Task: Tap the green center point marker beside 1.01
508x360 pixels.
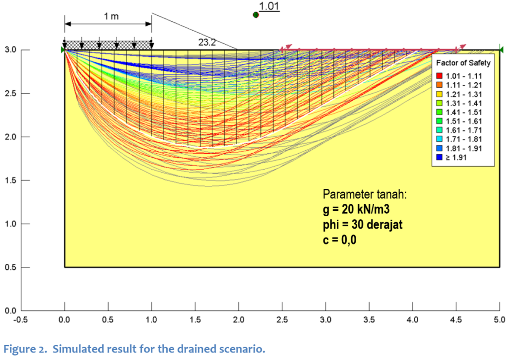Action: coord(255,15)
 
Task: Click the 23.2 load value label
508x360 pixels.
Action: coord(207,43)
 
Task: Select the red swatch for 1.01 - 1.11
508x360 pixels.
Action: coord(439,75)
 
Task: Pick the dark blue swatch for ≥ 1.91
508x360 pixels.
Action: coord(439,157)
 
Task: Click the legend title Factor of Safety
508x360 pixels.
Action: coord(463,63)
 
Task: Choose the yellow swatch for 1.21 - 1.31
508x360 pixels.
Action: coord(439,94)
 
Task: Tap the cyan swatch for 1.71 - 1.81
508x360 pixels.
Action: coord(439,139)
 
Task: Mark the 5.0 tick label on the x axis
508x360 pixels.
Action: coord(499,320)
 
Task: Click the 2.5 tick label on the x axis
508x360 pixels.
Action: coord(282,320)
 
